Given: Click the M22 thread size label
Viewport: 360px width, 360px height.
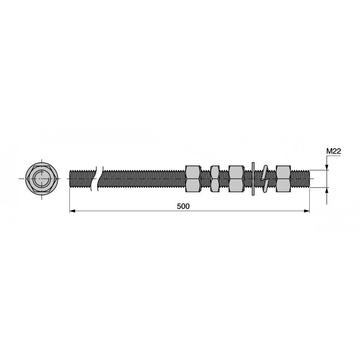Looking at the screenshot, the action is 333,151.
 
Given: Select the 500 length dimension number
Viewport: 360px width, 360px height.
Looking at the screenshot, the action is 183,207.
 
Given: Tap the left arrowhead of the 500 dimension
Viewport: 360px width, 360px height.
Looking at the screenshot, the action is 72,211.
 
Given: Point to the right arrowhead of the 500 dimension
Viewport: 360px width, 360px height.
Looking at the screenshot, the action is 306,211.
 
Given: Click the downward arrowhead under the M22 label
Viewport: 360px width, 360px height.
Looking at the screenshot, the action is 327,167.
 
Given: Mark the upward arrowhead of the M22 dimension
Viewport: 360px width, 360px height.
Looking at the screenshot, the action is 327,190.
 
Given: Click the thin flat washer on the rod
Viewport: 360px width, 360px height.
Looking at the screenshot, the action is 253,179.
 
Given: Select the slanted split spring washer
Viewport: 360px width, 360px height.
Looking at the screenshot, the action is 265,179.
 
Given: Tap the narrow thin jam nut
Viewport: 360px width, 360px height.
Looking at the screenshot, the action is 215,179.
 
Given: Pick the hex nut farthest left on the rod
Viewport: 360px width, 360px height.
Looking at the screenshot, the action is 193,179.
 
